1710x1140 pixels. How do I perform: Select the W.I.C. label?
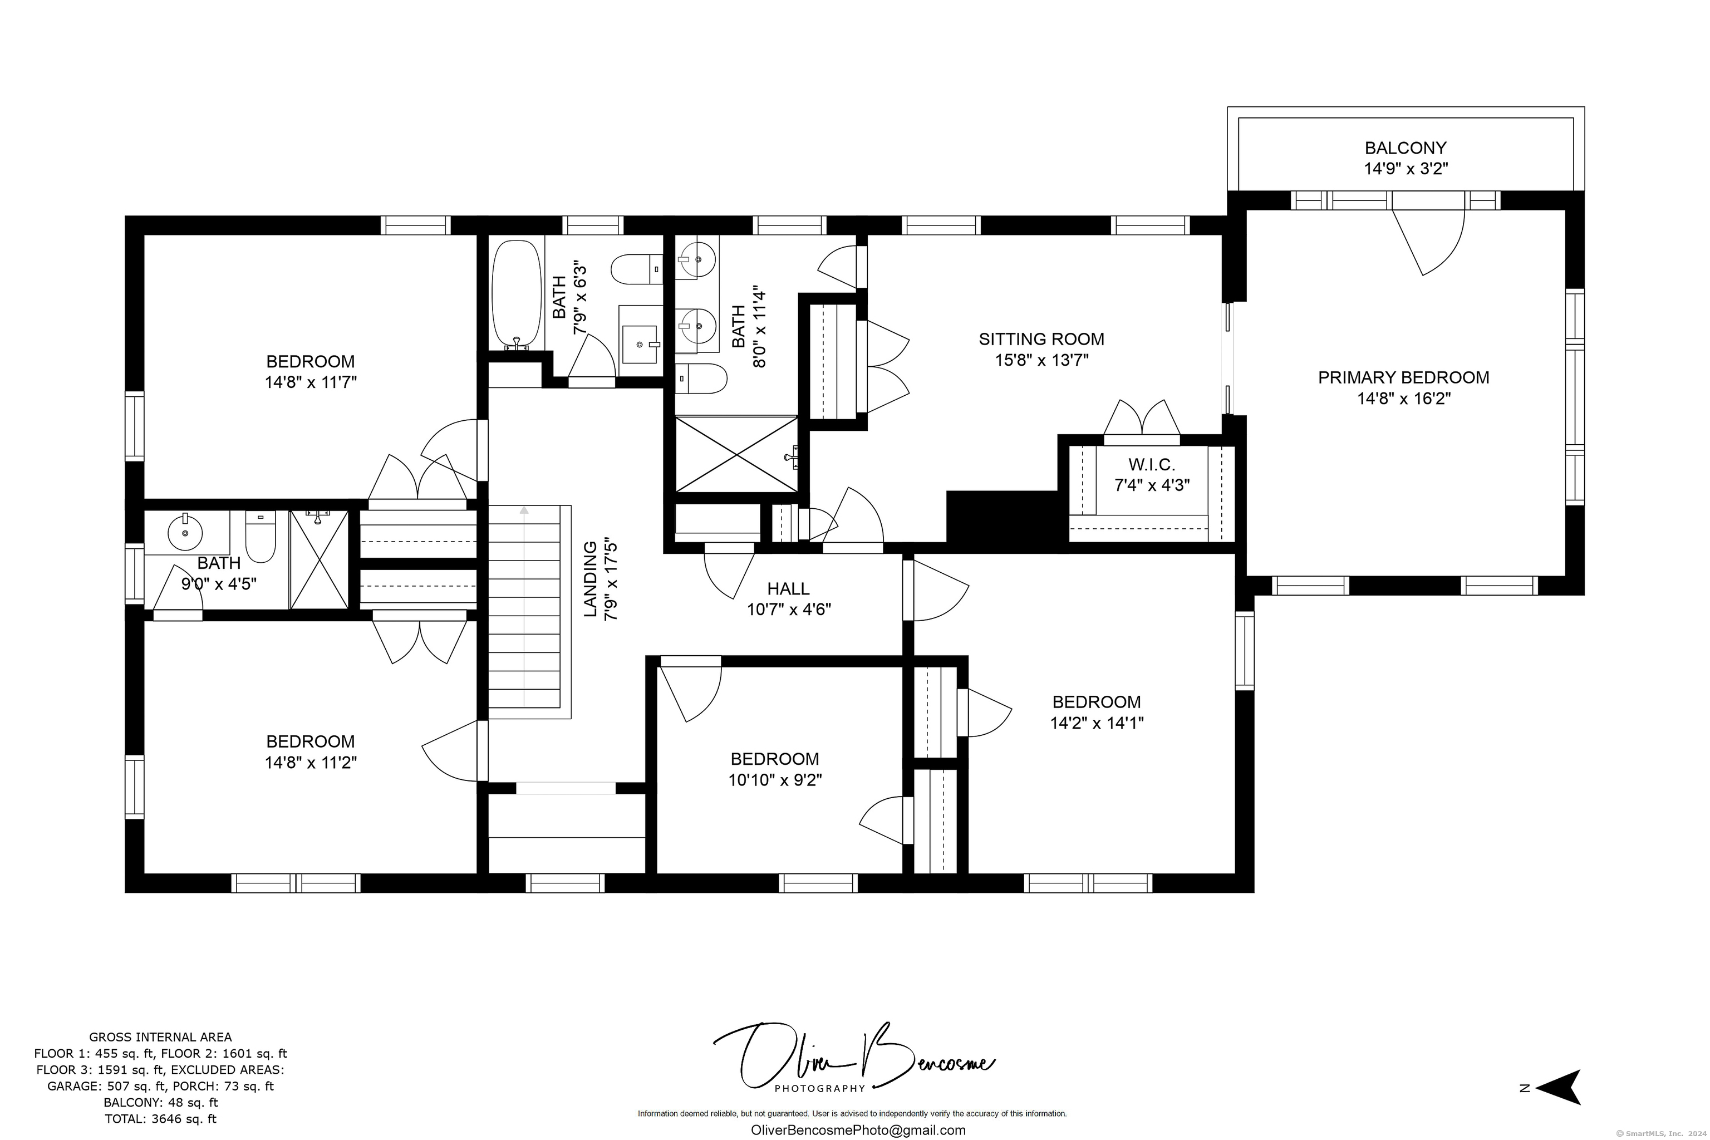pos(1152,465)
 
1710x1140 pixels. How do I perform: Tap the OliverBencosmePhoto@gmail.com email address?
pos(858,1130)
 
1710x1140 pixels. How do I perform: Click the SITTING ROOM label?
pos(1041,339)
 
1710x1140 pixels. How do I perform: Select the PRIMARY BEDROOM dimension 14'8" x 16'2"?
pos(1403,399)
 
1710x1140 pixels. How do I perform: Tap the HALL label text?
pos(788,589)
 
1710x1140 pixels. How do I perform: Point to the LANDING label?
pos(591,579)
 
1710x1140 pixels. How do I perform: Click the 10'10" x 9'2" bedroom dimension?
pos(775,780)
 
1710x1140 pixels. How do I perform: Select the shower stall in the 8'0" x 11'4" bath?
pos(736,454)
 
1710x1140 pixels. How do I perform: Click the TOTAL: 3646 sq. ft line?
pos(161,1119)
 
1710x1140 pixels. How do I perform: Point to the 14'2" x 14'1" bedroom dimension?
pos(1097,723)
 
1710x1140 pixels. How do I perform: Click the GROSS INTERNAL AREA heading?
pos(161,1038)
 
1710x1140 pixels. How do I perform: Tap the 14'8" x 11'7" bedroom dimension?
pos(311,382)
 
